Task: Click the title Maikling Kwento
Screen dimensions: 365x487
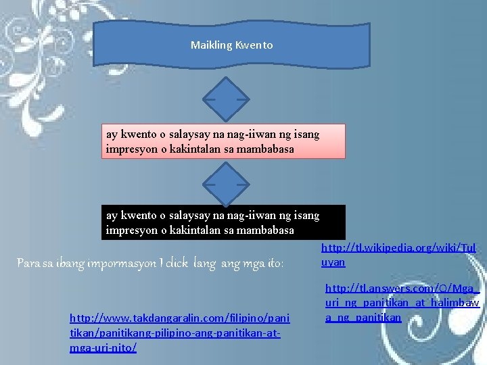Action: [x=231, y=46]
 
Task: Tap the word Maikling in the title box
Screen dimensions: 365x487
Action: [x=211, y=46]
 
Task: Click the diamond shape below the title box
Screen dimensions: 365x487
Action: [x=226, y=99]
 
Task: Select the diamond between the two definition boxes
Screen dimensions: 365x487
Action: [x=226, y=182]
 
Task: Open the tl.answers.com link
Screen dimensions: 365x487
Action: [x=402, y=303]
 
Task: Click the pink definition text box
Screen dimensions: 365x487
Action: [x=223, y=141]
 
